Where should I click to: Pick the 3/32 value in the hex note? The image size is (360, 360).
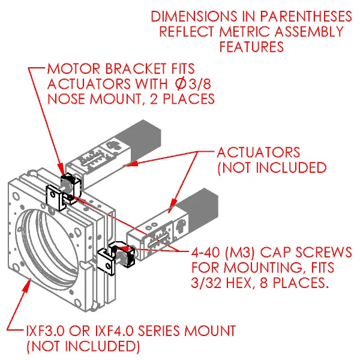pyautogui.click(x=208, y=282)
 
